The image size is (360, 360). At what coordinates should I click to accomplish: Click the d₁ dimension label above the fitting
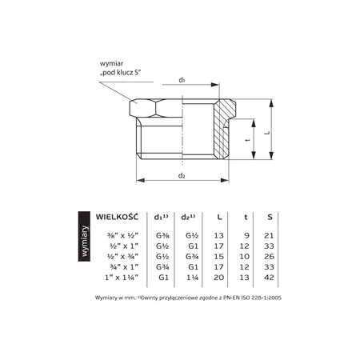(182, 80)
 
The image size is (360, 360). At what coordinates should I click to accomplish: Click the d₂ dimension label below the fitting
(182, 176)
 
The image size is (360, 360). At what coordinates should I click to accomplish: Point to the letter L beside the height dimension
(268, 133)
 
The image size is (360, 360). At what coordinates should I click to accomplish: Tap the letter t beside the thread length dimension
(248, 139)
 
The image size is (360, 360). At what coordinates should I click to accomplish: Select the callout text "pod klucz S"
(120, 73)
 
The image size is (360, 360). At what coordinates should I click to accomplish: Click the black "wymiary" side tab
(84, 236)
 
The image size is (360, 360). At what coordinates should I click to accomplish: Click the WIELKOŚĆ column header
(118, 216)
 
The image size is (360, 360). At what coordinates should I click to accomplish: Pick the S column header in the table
(270, 217)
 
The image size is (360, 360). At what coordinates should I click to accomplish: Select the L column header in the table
(219, 217)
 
